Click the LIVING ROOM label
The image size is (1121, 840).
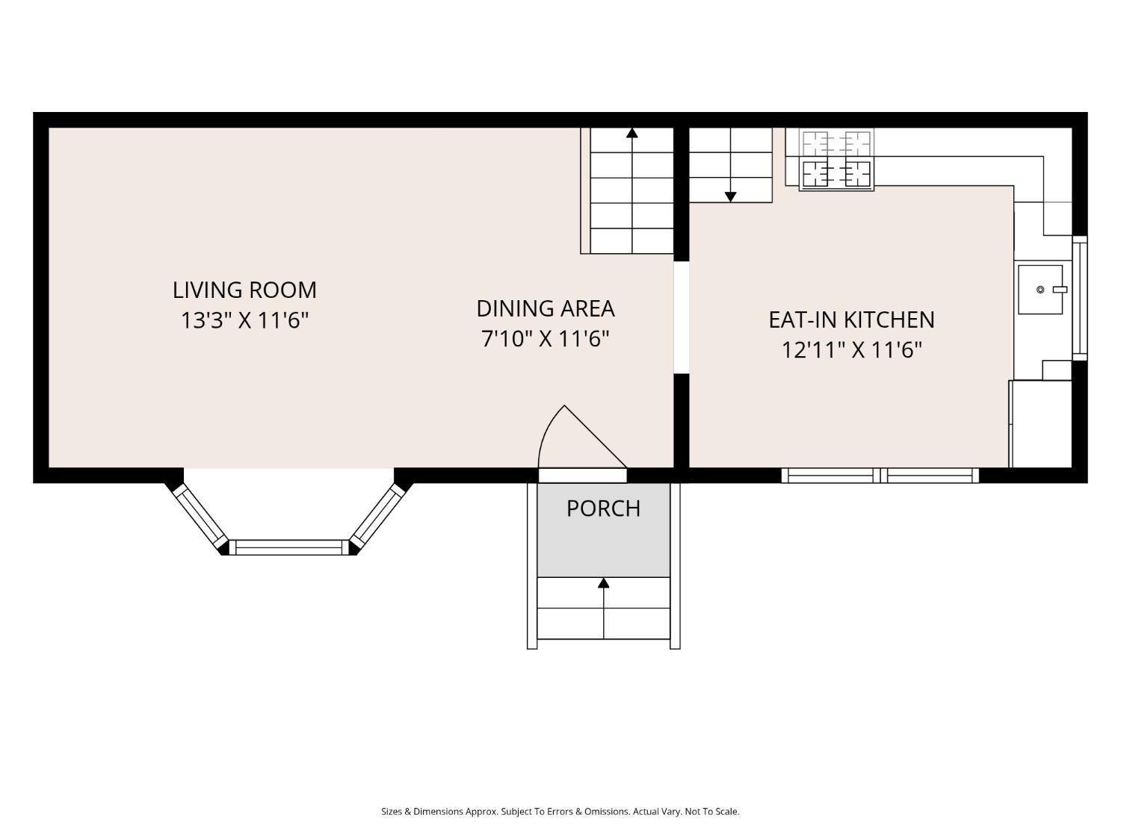244,290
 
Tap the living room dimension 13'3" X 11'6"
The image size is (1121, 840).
244,321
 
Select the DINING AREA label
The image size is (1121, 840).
546,308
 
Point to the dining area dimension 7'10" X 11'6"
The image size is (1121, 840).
546,339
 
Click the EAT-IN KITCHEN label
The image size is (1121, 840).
851,320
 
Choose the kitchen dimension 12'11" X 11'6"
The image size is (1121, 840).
851,350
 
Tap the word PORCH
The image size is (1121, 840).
603,508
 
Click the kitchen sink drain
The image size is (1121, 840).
1040,290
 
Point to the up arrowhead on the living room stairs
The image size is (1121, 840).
632,133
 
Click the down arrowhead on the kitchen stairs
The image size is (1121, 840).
730,197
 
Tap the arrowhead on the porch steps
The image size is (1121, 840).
604,582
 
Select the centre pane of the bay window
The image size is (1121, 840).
289,547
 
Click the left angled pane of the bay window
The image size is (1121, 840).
200,516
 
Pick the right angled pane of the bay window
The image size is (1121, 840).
377,516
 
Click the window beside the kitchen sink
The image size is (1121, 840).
1079,298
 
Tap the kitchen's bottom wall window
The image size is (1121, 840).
880,476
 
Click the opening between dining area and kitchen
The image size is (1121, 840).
682,317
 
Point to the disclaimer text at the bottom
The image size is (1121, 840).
560,812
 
